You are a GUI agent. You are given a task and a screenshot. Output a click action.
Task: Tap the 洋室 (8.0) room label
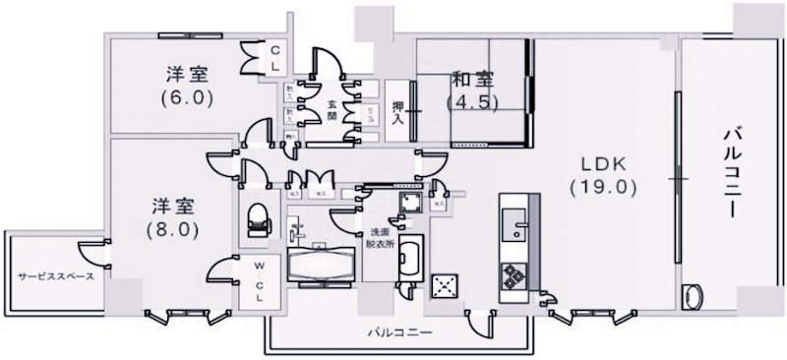pyautogui.click(x=175, y=218)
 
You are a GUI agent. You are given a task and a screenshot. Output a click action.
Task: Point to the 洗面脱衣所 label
pyautogui.click(x=382, y=242)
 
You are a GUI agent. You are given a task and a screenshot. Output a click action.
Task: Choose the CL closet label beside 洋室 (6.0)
pyautogui.click(x=276, y=57)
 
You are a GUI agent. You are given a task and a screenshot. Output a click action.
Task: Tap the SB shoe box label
pyautogui.click(x=369, y=114)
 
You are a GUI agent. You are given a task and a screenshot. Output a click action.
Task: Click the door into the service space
pyautogui.click(x=91, y=252)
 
